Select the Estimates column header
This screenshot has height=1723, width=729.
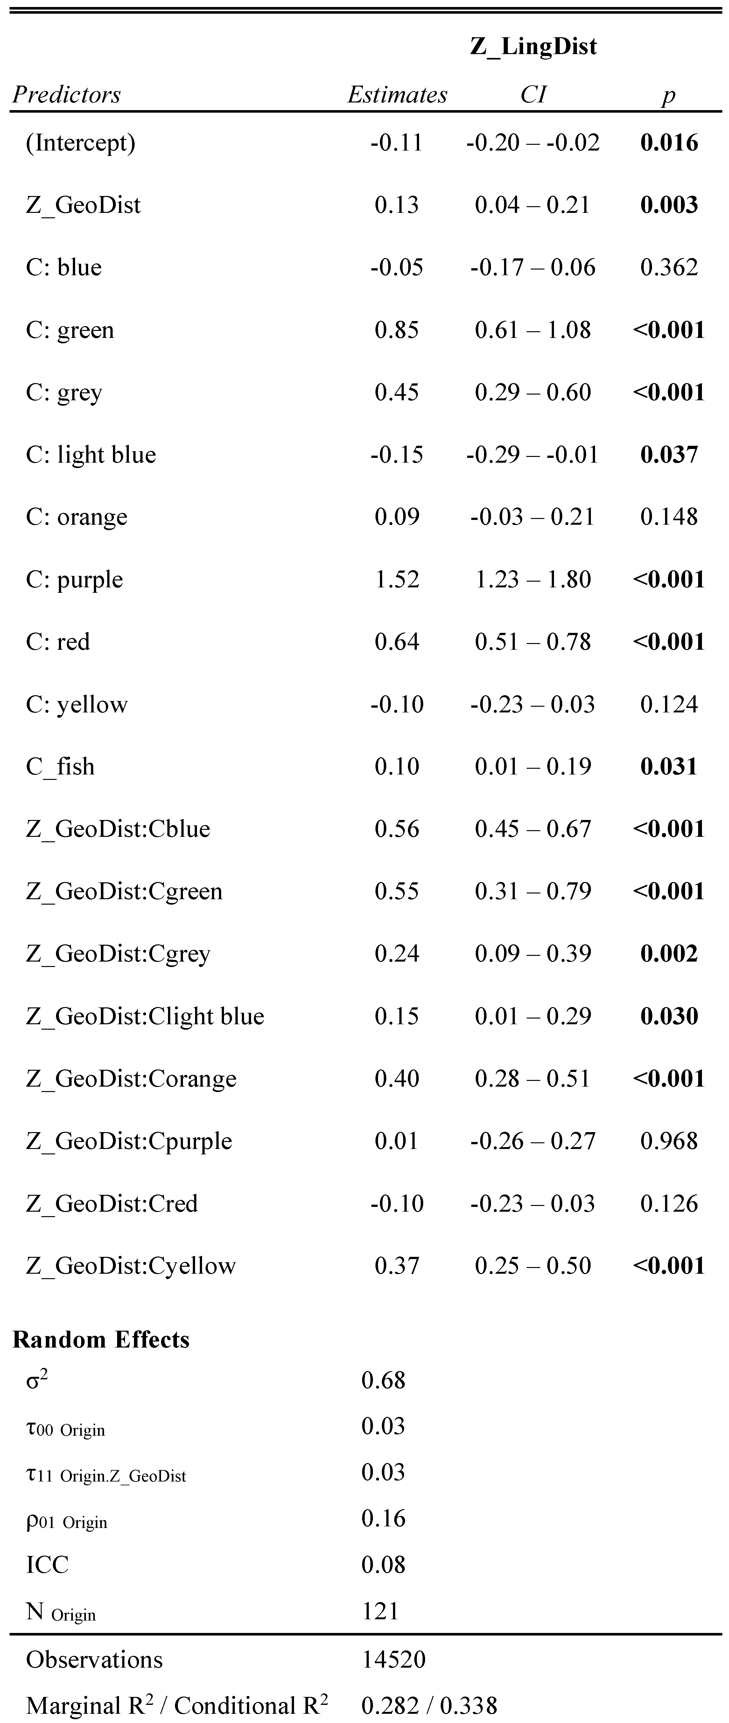(397, 95)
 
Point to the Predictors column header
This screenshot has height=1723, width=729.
(67, 95)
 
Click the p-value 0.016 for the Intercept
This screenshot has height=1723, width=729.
(669, 143)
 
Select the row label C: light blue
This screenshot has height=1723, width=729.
(91, 455)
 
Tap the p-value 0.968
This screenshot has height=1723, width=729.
(669, 1141)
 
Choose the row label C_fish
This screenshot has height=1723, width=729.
(60, 767)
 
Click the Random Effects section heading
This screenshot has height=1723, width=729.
(101, 1340)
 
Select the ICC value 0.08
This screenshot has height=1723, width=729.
(383, 1565)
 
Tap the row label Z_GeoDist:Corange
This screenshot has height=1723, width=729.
(131, 1079)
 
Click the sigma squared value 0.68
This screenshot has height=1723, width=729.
(383, 1380)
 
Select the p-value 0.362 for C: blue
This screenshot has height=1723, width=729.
(669, 268)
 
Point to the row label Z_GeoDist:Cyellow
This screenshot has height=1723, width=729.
(131, 1266)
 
